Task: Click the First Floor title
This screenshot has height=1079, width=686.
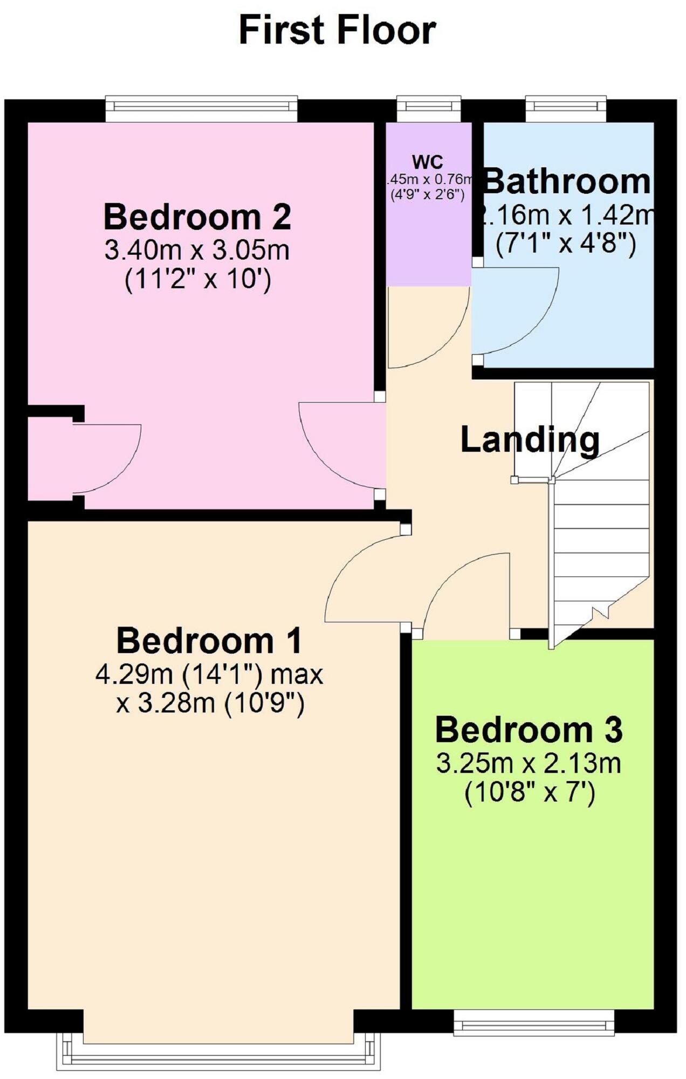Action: (337, 31)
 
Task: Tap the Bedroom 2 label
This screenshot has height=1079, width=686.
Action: (197, 217)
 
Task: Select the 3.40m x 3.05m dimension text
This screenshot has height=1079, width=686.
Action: (197, 250)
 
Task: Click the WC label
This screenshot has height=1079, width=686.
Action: (428, 162)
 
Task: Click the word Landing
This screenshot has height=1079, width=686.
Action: (530, 440)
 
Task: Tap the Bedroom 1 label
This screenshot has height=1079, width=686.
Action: (209, 641)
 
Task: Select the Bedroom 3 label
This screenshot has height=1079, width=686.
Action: (529, 730)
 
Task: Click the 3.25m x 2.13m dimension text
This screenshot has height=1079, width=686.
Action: (529, 764)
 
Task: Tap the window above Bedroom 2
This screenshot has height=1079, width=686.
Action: (202, 109)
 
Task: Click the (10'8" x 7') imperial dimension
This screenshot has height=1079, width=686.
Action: (530, 793)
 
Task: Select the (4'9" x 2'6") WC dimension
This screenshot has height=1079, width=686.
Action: (428, 195)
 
